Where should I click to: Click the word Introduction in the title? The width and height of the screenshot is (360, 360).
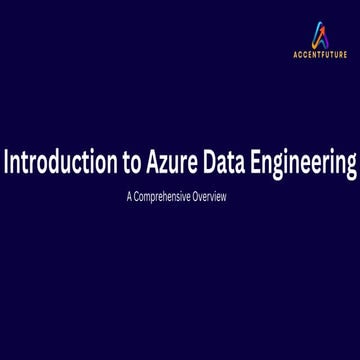[59, 163]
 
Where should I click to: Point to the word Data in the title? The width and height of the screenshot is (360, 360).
[229, 163]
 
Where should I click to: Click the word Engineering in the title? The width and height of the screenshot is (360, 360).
[306, 165]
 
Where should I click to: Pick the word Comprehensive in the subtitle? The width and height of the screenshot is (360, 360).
[165, 197]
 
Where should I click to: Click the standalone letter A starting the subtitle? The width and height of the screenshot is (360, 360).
[131, 197]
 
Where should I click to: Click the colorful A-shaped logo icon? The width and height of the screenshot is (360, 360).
[320, 36]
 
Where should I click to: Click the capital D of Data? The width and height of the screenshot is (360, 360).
[211, 163]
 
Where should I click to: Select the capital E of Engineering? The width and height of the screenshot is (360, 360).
[261, 163]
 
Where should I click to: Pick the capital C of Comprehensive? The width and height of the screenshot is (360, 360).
[138, 197]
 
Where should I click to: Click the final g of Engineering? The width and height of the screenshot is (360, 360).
[351, 168]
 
